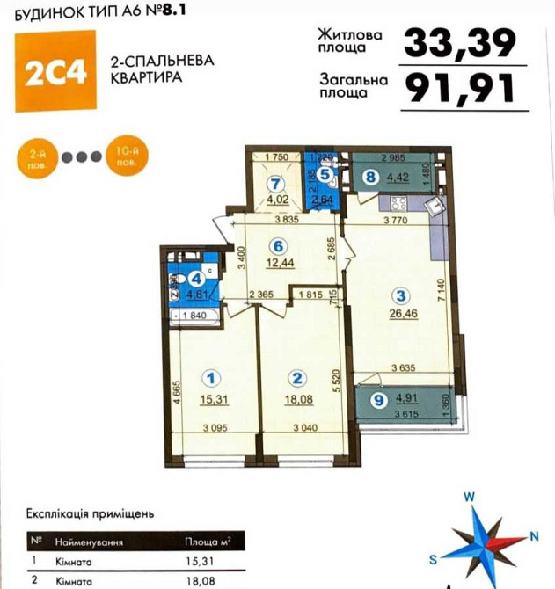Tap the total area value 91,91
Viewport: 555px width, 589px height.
point(457,87)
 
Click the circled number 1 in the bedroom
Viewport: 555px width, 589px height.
point(211,378)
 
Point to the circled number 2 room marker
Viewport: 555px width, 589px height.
point(297,378)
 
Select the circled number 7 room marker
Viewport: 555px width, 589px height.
point(278,185)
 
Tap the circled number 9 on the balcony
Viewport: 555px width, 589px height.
point(378,401)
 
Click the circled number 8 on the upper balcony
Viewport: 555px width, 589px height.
point(370,177)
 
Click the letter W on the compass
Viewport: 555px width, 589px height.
point(469,497)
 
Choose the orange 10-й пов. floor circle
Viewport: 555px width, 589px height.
point(121,157)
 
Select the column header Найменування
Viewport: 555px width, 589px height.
point(89,543)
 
